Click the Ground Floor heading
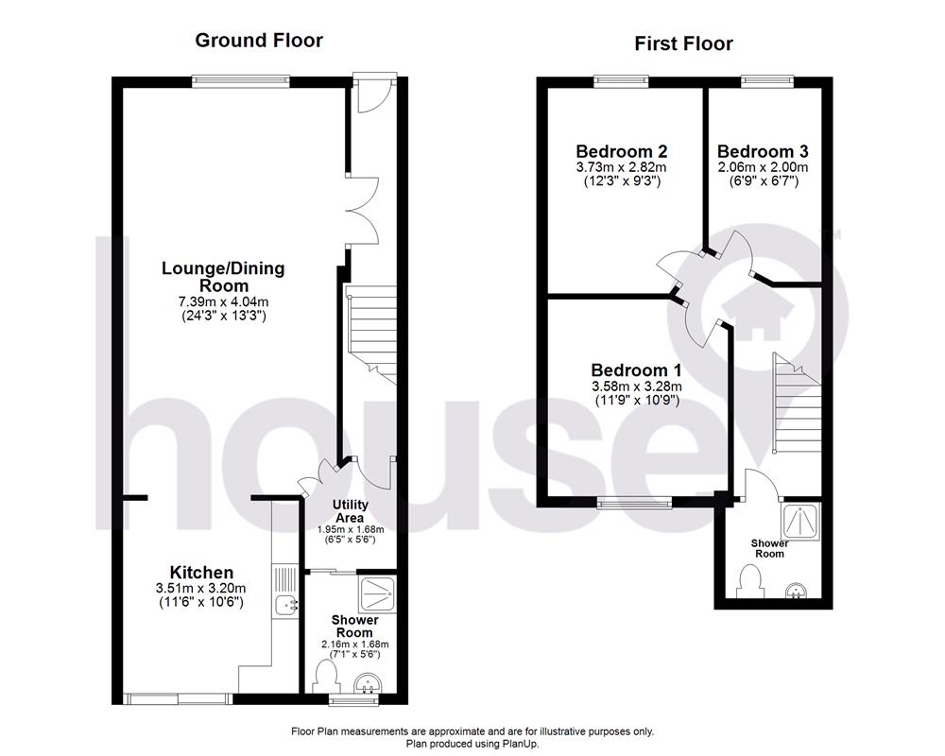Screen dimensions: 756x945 click(258, 41)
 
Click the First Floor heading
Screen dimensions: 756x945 click(683, 43)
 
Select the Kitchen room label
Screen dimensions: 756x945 click(201, 573)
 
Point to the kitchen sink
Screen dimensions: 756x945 click(284, 603)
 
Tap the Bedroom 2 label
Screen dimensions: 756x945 click(622, 151)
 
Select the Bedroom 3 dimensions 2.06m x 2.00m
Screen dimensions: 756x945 click(762, 167)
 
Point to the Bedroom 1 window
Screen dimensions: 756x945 click(634, 504)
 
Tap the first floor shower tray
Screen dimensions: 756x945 click(802, 519)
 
